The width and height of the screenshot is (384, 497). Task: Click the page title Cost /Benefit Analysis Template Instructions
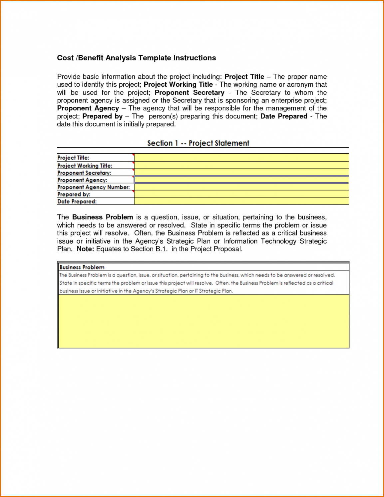tap(136, 58)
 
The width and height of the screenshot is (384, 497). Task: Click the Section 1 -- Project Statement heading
tap(198, 143)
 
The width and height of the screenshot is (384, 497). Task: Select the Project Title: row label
tap(73, 158)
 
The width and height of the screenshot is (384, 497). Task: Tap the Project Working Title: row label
tap(85, 165)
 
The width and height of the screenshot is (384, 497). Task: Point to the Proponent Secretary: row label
tap(84, 173)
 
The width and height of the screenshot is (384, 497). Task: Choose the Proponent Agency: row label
tap(82, 180)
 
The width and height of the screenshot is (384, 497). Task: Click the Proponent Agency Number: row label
tap(93, 187)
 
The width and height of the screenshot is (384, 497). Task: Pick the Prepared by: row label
tap(74, 194)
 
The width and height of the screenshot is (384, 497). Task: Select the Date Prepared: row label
tap(77, 201)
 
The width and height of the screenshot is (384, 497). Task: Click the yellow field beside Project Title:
tap(241, 158)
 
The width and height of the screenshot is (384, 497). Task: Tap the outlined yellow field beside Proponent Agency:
tap(241, 180)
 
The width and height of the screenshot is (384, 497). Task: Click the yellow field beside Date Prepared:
tap(241, 201)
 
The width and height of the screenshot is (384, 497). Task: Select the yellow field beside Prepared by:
tap(241, 194)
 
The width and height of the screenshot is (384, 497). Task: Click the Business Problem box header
tap(82, 267)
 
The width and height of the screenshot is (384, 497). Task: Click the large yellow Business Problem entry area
tap(203, 321)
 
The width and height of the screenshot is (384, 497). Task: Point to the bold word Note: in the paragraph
tap(85, 249)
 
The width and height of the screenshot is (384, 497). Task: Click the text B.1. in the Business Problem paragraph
tap(162, 249)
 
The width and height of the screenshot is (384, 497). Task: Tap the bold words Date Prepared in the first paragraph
tap(284, 116)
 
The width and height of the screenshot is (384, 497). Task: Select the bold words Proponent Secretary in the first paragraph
tap(190, 93)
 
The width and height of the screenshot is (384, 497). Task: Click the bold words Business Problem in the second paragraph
tap(103, 217)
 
